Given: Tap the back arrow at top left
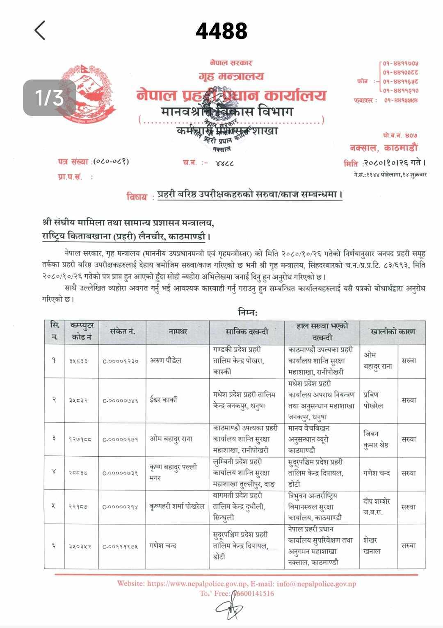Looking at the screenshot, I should pos(40,31).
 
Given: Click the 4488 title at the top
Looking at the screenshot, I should pos(221,31).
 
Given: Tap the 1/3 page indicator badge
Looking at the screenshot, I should pos(49,98).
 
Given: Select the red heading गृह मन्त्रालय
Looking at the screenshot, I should pos(231,76).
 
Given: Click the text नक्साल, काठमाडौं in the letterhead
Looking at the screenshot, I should pos(384,148).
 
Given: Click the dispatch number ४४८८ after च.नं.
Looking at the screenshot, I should pos(224,163).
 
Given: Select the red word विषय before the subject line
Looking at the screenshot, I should pos(138,197).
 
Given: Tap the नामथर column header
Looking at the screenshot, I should pos(178,332).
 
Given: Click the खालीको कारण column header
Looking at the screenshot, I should pos(393,332).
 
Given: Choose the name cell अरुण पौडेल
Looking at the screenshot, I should pos(165,361).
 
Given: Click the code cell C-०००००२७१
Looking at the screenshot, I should pos(121,439).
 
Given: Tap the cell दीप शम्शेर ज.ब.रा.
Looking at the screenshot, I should pos(377,507).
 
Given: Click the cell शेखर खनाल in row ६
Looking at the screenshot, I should pos(372,546).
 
